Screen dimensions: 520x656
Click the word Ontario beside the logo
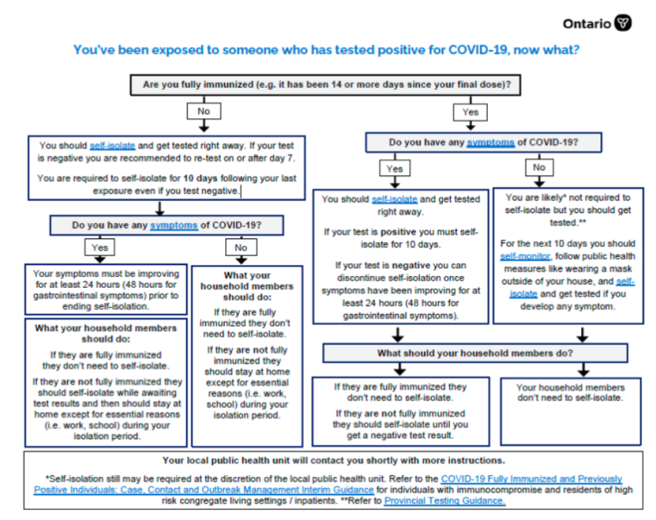pyautogui.click(x=587, y=23)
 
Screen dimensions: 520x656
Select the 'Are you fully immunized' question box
pyautogui.click(x=328, y=83)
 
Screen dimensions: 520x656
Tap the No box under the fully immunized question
pyautogui.click(x=204, y=111)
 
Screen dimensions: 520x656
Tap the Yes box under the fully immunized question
pyautogui.click(x=470, y=111)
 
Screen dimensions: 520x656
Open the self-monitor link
pyautogui.click(x=525, y=255)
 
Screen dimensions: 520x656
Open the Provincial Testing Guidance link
pyautogui.click(x=445, y=501)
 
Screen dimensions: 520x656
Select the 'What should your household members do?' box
pyautogui.click(x=474, y=353)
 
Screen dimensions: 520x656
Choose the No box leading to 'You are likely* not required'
pyautogui.click(x=539, y=167)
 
